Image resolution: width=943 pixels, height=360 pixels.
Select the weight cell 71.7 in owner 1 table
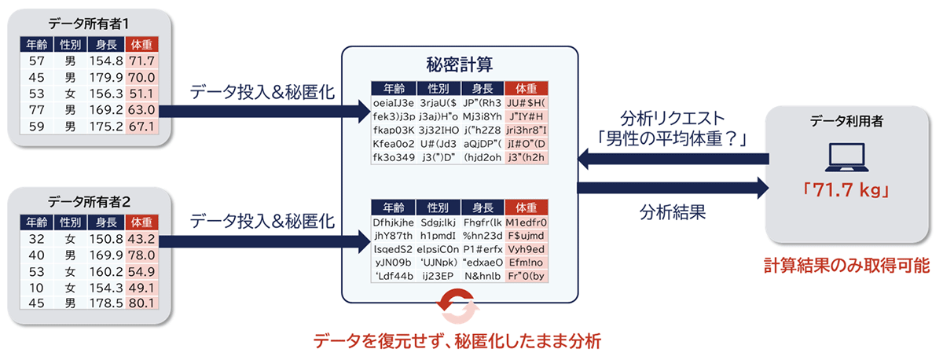[x=142, y=61]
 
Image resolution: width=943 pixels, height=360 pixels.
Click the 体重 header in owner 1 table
[x=142, y=44]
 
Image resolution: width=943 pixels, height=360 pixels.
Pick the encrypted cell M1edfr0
[x=527, y=222]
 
